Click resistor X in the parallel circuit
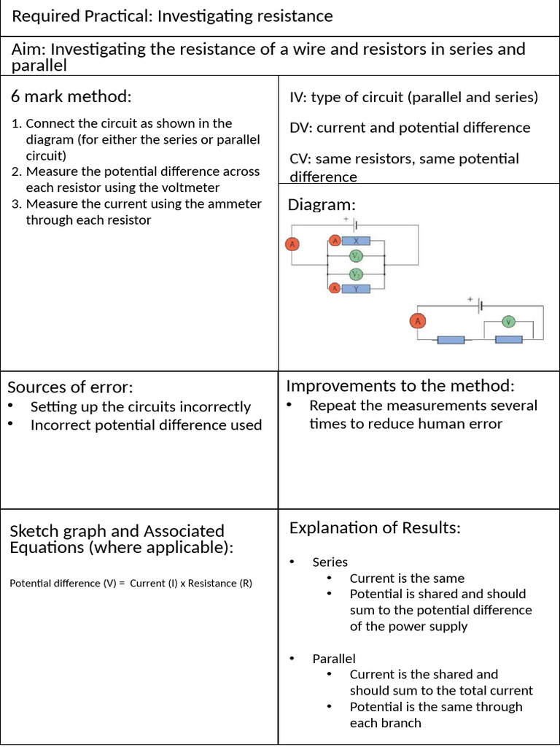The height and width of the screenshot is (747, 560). (356, 241)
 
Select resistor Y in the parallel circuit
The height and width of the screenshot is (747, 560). (356, 289)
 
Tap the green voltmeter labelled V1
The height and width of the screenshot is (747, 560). (356, 256)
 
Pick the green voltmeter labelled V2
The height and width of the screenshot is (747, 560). (356, 274)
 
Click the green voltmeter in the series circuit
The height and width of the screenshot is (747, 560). (510, 321)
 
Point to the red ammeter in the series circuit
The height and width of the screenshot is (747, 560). (418, 321)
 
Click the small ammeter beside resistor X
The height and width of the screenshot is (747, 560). (335, 241)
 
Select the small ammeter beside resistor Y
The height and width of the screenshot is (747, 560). (335, 289)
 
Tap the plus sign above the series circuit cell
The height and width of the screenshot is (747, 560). (470, 299)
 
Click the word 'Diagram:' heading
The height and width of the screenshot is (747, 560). (322, 205)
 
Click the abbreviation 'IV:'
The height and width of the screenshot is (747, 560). (300, 97)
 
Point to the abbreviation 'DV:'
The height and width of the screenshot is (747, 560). (302, 128)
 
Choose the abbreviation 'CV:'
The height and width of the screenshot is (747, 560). (301, 159)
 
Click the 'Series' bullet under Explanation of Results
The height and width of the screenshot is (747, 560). (330, 562)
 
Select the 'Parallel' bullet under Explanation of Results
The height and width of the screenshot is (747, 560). (334, 659)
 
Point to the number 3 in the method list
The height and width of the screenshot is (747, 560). (16, 204)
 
